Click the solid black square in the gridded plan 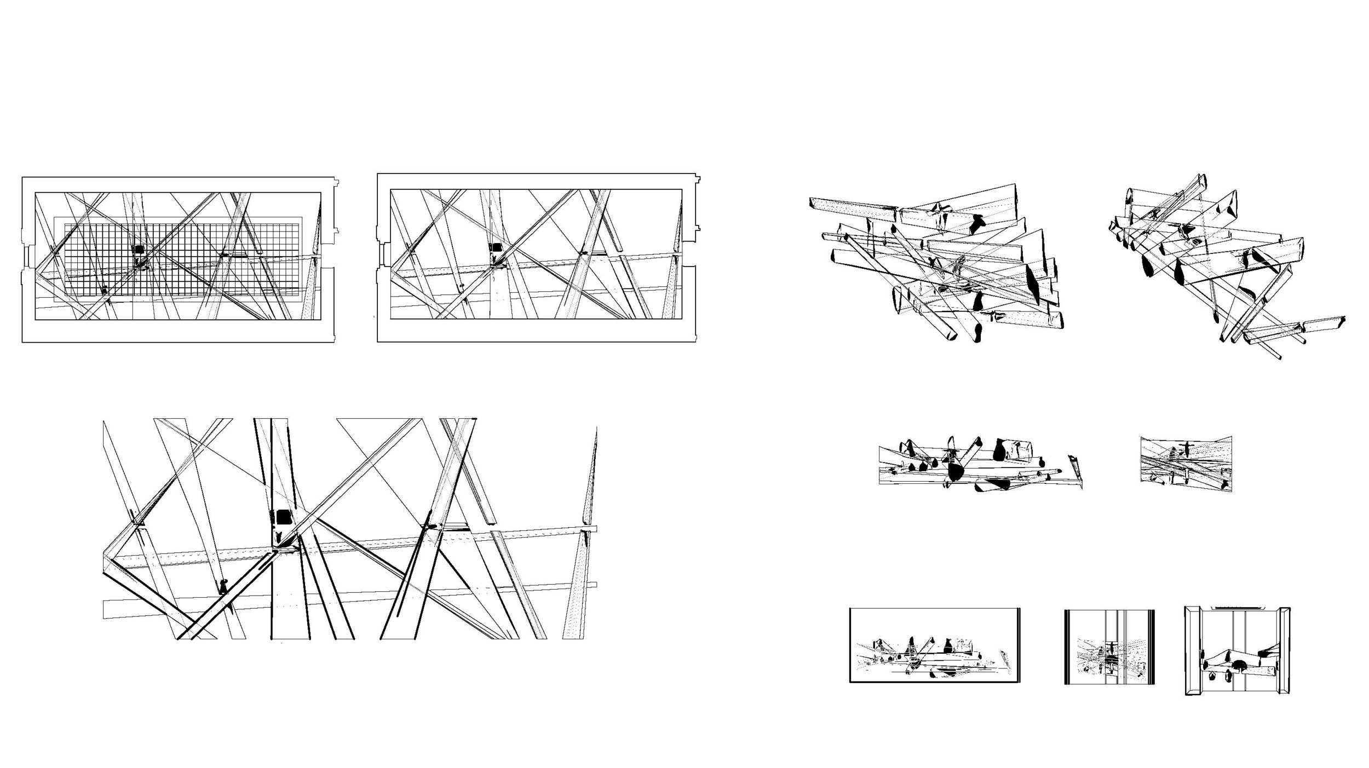coord(139,249)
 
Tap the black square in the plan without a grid coord(496,247)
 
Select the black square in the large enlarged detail coord(284,517)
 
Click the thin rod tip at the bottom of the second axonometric coord(1278,357)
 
